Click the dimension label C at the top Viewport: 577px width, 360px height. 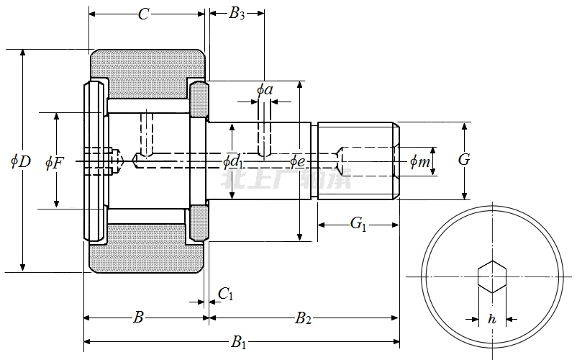coord(143,14)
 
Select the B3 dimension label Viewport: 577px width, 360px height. coord(237,14)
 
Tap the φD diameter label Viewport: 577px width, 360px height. coord(21,161)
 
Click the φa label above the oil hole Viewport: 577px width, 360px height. coord(265,90)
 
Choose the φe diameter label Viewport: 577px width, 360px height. coord(298,161)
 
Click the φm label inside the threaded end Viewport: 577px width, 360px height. coord(420,163)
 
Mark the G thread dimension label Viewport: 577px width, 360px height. coord(464,160)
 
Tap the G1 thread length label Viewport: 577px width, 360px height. coord(358,225)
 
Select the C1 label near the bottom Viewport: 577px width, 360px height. coord(225,294)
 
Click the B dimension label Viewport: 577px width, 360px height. coord(139,318)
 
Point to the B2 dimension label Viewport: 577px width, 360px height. coord(303,318)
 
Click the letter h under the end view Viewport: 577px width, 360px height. coord(492,319)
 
